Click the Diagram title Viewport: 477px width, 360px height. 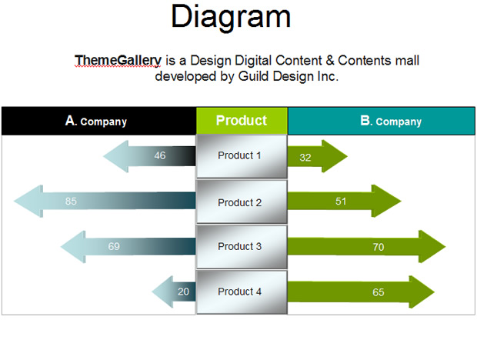point(231,17)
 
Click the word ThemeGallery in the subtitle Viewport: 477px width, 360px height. point(118,60)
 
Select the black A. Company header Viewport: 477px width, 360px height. point(99,121)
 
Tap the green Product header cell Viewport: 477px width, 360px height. point(242,121)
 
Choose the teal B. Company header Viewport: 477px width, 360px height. point(381,121)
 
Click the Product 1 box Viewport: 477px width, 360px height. point(242,156)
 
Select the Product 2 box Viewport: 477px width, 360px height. point(242,202)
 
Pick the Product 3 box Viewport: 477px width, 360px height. point(242,247)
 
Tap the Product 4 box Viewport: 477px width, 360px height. point(242,292)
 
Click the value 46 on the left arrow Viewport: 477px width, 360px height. point(160,155)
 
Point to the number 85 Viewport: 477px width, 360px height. point(71,201)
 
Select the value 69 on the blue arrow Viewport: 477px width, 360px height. point(114,246)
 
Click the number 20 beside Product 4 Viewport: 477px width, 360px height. point(183,292)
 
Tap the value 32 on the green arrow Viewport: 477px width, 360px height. point(305,158)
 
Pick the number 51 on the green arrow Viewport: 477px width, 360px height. point(341,202)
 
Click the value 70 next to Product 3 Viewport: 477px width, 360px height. point(379,247)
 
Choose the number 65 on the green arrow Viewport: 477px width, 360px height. point(379,292)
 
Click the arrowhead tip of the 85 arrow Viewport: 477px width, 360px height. point(15,201)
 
